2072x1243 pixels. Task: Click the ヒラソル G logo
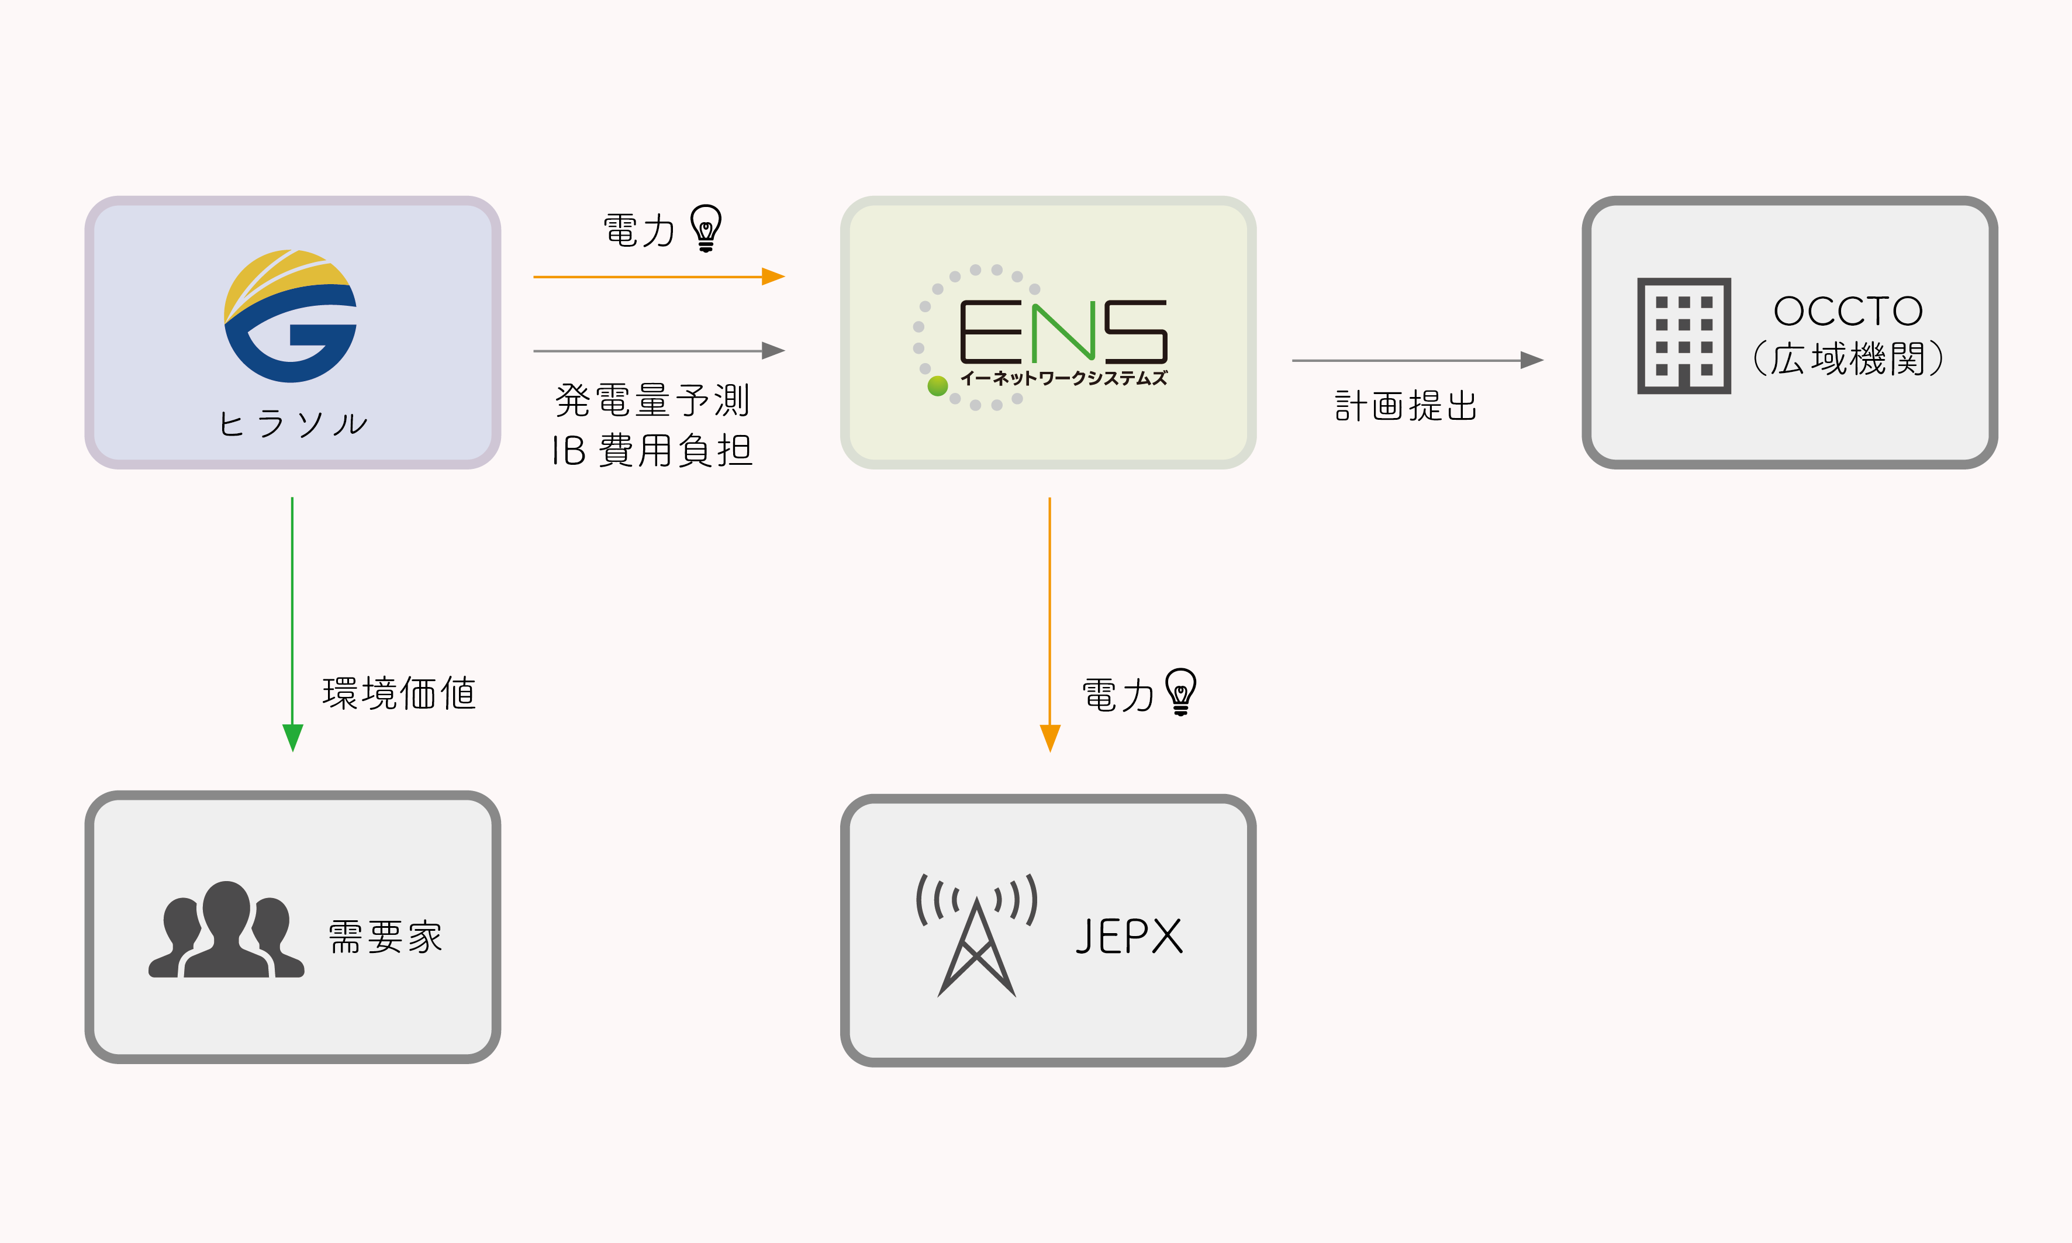point(291,316)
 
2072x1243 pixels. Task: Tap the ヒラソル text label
point(292,424)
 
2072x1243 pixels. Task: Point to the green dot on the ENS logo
point(937,385)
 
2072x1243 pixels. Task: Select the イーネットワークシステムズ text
point(1063,379)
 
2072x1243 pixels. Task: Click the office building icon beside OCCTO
point(1683,335)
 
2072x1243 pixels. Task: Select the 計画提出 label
point(1405,406)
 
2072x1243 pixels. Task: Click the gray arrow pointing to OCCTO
point(1415,360)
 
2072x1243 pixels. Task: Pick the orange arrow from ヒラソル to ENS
point(658,277)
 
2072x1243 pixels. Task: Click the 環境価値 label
point(399,693)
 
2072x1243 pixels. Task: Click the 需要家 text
point(385,937)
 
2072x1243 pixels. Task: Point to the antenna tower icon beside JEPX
point(976,934)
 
